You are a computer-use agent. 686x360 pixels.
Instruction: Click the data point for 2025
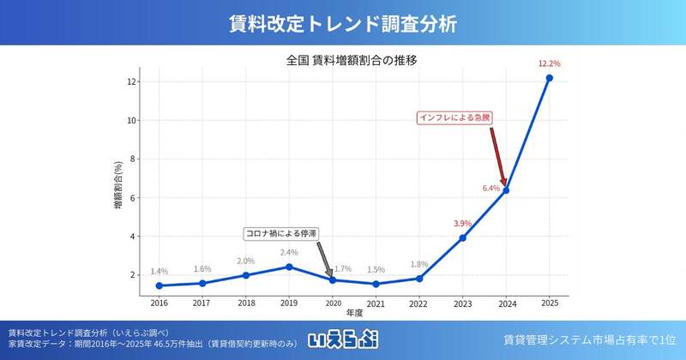pos(549,78)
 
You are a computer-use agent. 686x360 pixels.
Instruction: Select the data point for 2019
pos(289,267)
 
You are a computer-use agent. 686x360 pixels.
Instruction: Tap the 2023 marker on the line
pos(462,237)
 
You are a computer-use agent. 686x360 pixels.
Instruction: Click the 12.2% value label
pos(549,63)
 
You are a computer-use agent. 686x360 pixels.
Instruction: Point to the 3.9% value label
pos(463,223)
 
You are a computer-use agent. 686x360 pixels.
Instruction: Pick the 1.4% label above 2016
pos(159,271)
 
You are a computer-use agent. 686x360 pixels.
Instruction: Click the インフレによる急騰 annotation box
pos(455,117)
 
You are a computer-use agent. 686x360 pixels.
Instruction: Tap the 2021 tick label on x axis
pos(376,303)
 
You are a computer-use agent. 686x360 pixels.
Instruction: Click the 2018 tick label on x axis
pos(246,303)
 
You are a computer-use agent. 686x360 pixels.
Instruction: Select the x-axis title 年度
pos(354,314)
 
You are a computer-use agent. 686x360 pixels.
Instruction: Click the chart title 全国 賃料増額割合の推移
pos(352,60)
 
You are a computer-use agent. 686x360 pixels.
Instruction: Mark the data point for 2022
pos(419,278)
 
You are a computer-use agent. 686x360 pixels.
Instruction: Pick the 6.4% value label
pos(490,188)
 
